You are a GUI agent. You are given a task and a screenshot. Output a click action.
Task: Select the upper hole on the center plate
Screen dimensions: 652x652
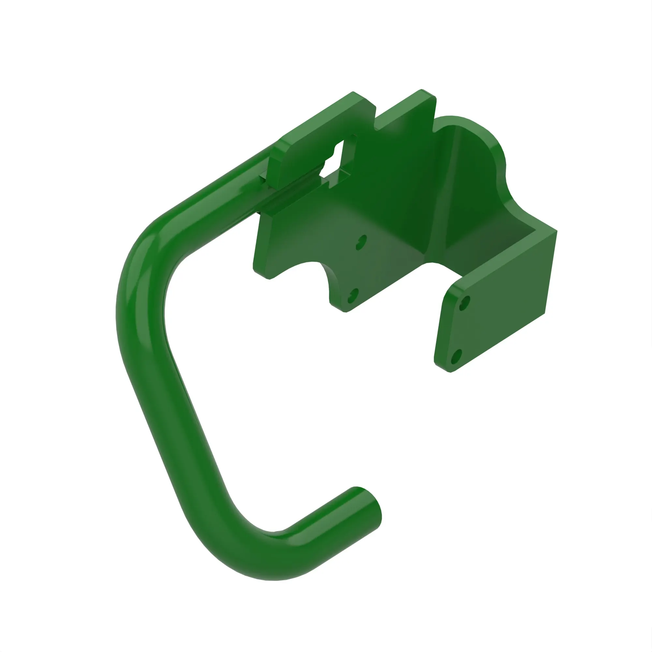(x=362, y=242)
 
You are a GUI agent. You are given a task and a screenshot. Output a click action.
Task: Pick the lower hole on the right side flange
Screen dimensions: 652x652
(x=456, y=357)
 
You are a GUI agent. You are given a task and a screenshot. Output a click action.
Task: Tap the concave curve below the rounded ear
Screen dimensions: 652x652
(x=513, y=196)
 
